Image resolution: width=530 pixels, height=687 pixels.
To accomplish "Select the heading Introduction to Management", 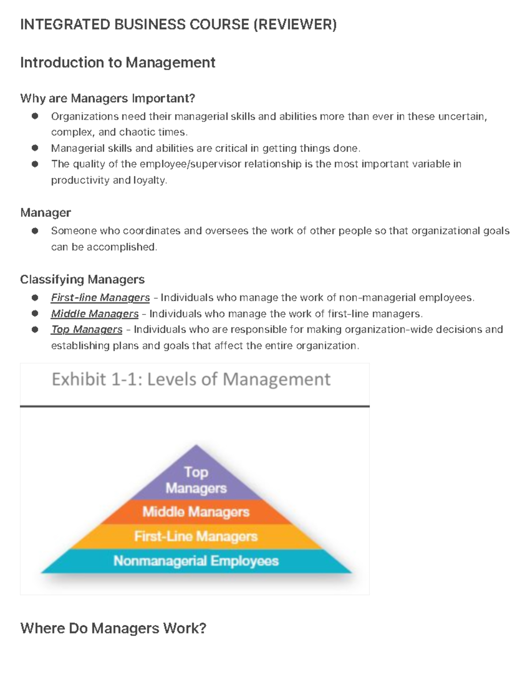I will [x=117, y=62].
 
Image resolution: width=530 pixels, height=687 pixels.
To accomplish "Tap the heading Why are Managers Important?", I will [x=107, y=98].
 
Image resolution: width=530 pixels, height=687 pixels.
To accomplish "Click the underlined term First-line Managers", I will [x=100, y=298].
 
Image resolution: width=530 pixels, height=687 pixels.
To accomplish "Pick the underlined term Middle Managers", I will [x=95, y=314].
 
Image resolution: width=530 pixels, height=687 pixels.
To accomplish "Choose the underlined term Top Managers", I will [x=87, y=330].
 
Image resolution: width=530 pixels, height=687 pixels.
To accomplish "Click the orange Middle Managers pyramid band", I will [x=196, y=512].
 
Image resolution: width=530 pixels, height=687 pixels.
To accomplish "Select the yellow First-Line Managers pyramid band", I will [x=196, y=537].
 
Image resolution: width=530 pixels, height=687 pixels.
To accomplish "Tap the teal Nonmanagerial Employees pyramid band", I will [x=196, y=561].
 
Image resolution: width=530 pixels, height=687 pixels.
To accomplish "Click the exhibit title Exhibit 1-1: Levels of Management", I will [x=191, y=379].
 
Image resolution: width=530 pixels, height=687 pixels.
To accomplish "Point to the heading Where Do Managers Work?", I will [x=113, y=628].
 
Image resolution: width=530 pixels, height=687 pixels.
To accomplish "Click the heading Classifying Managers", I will [x=82, y=280].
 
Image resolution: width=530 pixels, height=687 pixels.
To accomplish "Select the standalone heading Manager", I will [x=45, y=213].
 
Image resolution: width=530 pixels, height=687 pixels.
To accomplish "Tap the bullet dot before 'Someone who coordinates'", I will [x=35, y=230].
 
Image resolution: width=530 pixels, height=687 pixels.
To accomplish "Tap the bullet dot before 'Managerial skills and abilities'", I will [x=35, y=148].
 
